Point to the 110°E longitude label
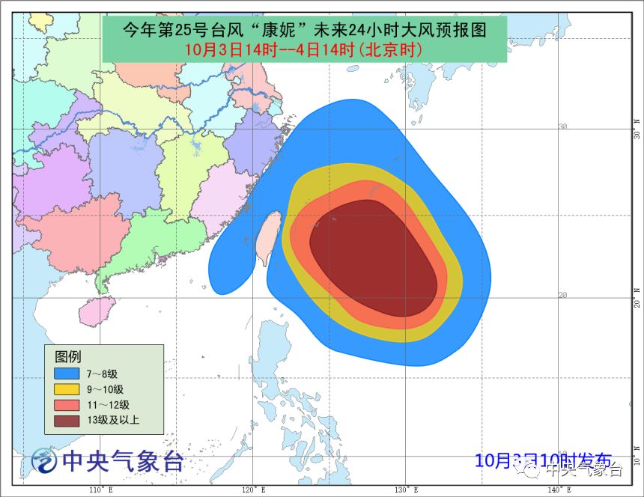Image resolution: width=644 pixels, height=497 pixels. [x=100, y=490]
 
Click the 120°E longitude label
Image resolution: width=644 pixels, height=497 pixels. [x=252, y=490]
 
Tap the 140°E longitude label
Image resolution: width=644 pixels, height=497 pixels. [x=558, y=490]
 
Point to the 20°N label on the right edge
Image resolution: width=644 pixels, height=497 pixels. [x=637, y=297]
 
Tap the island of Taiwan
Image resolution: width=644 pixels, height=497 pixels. [x=267, y=238]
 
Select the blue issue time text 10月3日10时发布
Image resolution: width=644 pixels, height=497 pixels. [x=543, y=460]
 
